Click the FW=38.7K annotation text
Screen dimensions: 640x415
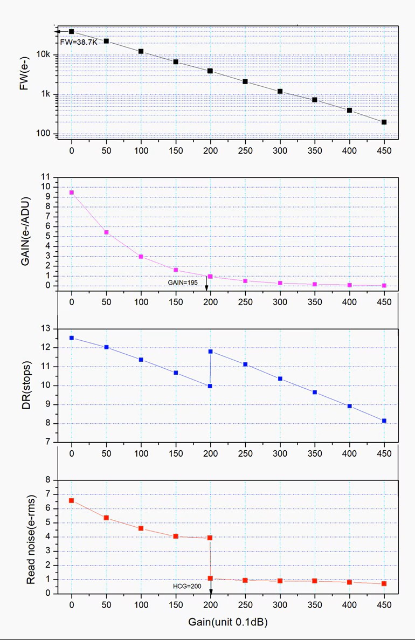[79, 42]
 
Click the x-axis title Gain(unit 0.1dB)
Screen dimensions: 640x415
[228, 622]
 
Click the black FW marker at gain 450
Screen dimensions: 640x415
[384, 122]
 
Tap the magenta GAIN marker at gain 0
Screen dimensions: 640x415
[72, 192]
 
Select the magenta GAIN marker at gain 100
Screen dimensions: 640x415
[141, 257]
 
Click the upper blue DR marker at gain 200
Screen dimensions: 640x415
[210, 352]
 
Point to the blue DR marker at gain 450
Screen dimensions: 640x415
[384, 421]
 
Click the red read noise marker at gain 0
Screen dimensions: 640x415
[72, 501]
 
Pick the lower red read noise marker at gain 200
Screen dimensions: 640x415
[210, 578]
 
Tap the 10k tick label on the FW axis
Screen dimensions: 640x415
[43, 55]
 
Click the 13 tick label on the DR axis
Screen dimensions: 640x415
[45, 328]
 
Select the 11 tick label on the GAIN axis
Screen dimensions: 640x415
[45, 177]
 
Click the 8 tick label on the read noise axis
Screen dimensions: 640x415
[47, 480]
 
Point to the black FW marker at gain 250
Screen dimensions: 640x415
[245, 82]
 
